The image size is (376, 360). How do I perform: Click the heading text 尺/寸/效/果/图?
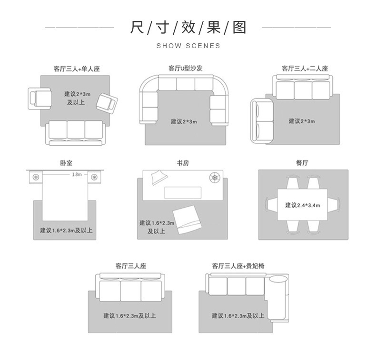[188, 28]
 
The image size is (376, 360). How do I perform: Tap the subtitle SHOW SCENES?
[188, 46]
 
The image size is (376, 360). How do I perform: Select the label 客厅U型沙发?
[185, 69]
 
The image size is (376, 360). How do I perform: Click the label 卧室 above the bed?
[66, 163]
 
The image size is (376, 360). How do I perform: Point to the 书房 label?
[183, 163]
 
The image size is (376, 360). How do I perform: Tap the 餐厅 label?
[302, 163]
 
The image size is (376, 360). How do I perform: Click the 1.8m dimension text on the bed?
[77, 174]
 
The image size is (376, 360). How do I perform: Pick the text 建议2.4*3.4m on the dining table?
[303, 205]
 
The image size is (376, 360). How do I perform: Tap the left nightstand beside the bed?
[36, 177]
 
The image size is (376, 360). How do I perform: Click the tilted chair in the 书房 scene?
[186, 219]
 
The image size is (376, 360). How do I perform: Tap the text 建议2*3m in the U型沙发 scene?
[184, 122]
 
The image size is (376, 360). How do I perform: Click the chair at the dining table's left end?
[272, 205]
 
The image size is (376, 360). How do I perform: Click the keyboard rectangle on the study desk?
[183, 192]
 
